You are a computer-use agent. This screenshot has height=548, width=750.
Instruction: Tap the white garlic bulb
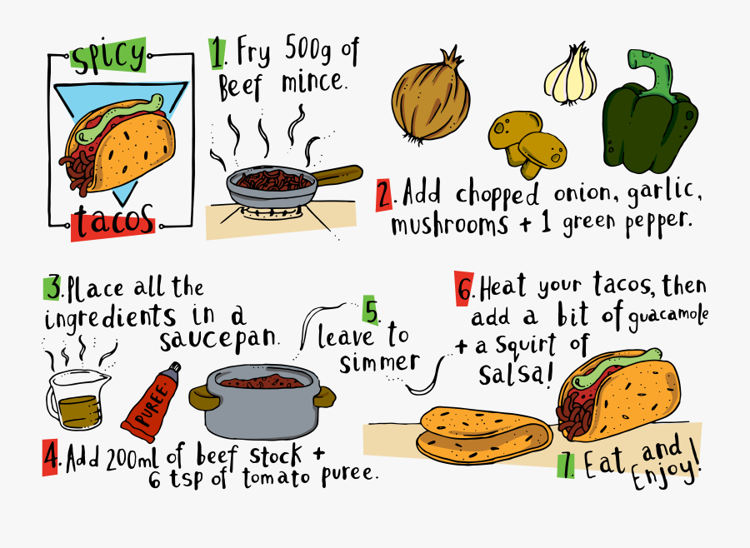[571, 77]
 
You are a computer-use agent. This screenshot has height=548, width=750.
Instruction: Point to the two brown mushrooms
[527, 143]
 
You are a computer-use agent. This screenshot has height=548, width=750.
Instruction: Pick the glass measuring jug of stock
[78, 396]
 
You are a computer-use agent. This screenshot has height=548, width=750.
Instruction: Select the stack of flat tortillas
[483, 434]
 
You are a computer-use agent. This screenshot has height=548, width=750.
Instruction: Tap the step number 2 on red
[384, 195]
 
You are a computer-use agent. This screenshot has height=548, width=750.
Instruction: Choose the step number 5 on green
[371, 311]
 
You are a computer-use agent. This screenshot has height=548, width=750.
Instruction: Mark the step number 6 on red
[464, 286]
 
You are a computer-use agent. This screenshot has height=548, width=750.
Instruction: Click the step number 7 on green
[566, 464]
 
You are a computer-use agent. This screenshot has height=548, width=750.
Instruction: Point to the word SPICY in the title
[108, 57]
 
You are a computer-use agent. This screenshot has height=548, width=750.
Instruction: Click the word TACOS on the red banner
[112, 224]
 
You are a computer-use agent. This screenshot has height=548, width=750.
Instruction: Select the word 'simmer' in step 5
[380, 362]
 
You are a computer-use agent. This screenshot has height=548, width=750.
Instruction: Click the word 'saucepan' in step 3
[218, 341]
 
